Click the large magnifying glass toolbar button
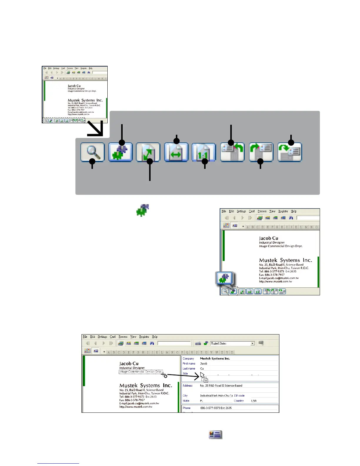tap(92, 152)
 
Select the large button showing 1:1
tap(203, 152)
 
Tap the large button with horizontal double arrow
tap(176, 152)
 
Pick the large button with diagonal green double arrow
tap(148, 152)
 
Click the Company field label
tap(188, 359)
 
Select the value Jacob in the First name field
tap(204, 364)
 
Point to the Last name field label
tap(189, 369)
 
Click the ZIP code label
tap(239, 396)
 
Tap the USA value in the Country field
tap(254, 401)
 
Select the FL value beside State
tap(201, 401)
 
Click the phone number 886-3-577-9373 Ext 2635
tap(216, 408)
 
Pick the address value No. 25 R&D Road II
tap(221, 385)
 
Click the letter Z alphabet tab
tap(232, 352)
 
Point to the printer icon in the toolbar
tap(198, 343)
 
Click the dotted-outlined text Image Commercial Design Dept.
tap(141, 372)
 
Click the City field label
tap(185, 396)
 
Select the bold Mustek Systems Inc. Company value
tap(215, 359)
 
